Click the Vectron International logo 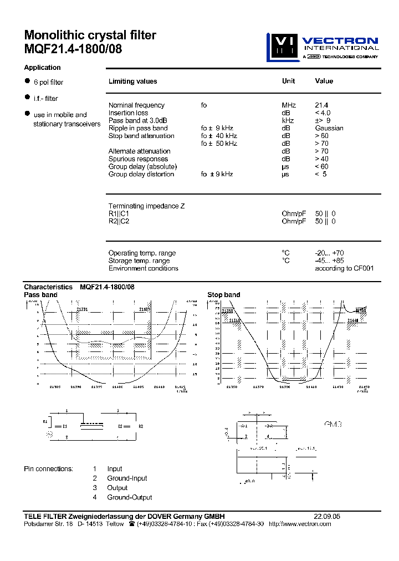coord(322,47)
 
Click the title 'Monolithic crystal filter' coord(90,35)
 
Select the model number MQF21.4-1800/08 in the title coord(73,49)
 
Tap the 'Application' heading coord(42,68)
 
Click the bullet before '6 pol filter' coord(27,81)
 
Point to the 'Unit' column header coord(288,81)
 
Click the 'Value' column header coord(324,81)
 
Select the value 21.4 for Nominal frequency coord(322,105)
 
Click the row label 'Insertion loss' coord(128,113)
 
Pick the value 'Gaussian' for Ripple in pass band coord(329,128)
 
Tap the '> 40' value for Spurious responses coord(321,159)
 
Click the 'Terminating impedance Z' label coord(146,206)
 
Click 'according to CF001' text coord(344,268)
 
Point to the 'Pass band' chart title coord(40,295)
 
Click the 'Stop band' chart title coord(224,295)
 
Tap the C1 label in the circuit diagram coord(64,426)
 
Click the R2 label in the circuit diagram coord(141,426)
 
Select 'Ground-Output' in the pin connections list coord(130,497)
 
